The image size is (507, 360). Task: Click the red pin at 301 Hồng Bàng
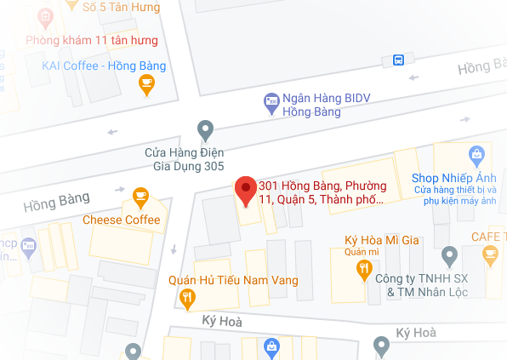[246, 191]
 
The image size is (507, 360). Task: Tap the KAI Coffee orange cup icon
[146, 83]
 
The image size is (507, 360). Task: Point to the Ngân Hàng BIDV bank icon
[271, 101]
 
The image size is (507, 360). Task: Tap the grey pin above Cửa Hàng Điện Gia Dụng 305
[205, 130]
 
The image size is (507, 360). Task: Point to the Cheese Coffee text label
[121, 220]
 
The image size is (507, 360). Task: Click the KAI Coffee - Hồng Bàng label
[104, 66]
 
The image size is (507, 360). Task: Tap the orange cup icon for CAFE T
[490, 253]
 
